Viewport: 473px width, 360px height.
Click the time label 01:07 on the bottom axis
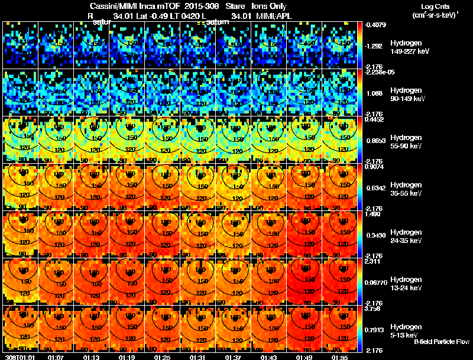(x=56, y=357)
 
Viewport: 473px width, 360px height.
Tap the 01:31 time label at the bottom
(x=197, y=357)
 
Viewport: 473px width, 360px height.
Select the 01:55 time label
(x=339, y=357)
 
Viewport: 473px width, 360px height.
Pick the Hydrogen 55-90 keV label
(x=406, y=142)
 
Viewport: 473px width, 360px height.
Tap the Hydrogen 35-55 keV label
(x=406, y=189)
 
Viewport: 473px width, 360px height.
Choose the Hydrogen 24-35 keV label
(x=406, y=236)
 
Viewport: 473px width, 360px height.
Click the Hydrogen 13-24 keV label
(x=406, y=284)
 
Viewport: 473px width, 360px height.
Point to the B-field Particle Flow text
(x=442, y=342)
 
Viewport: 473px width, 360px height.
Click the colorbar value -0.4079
(x=376, y=25)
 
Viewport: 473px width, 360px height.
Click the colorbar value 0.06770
(x=376, y=283)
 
